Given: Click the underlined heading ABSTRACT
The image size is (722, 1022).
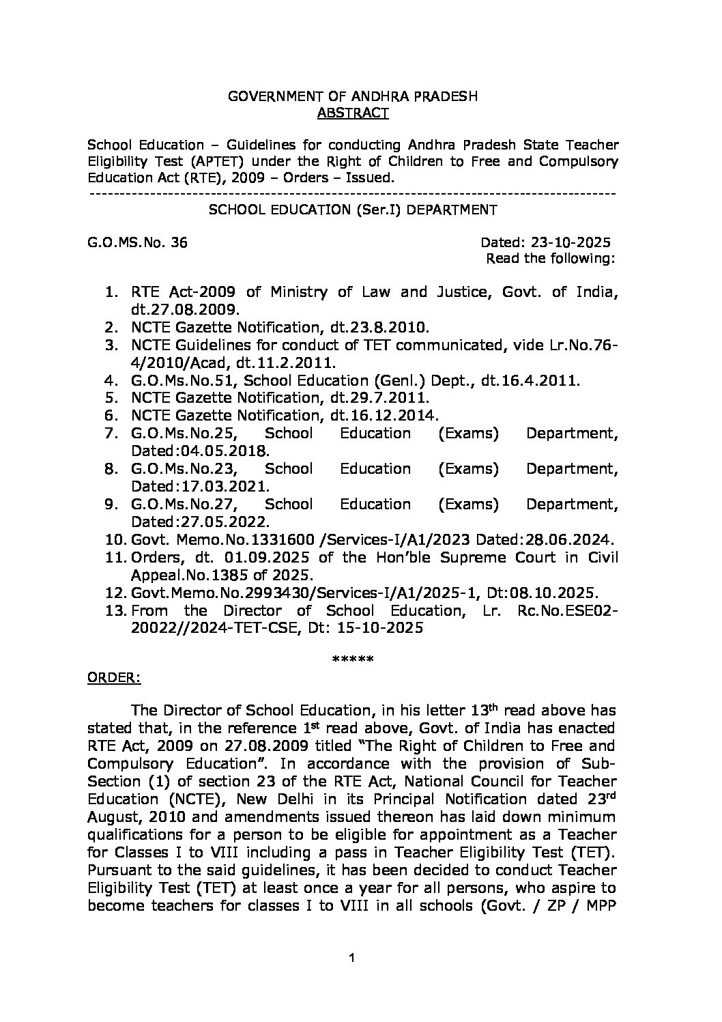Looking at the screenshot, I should tap(353, 113).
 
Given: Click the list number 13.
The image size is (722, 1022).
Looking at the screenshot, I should tap(113, 611).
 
